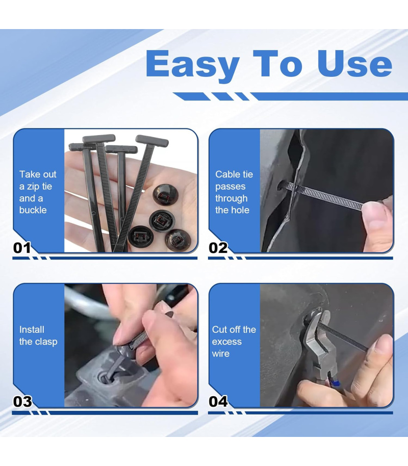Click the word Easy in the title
point(193,65)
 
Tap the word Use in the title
point(355,63)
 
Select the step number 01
point(22,248)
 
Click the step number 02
point(218,248)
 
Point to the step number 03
point(22,402)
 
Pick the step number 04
point(218,402)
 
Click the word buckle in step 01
point(33,210)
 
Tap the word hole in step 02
point(240,210)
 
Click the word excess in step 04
point(226,342)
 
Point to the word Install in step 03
point(32,329)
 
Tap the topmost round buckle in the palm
point(165,195)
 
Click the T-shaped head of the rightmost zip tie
point(152,141)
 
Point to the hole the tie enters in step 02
point(282,186)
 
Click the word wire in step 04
point(221,354)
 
